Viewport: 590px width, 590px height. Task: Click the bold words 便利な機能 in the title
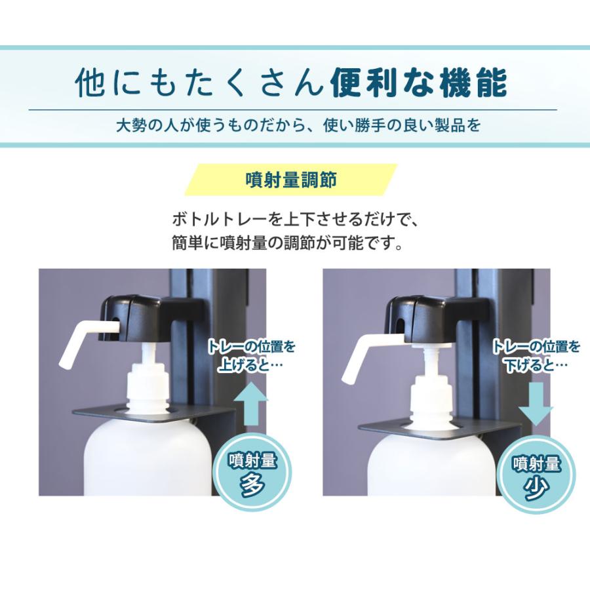click(x=418, y=83)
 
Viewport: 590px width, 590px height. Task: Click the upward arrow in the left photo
click(x=251, y=404)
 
